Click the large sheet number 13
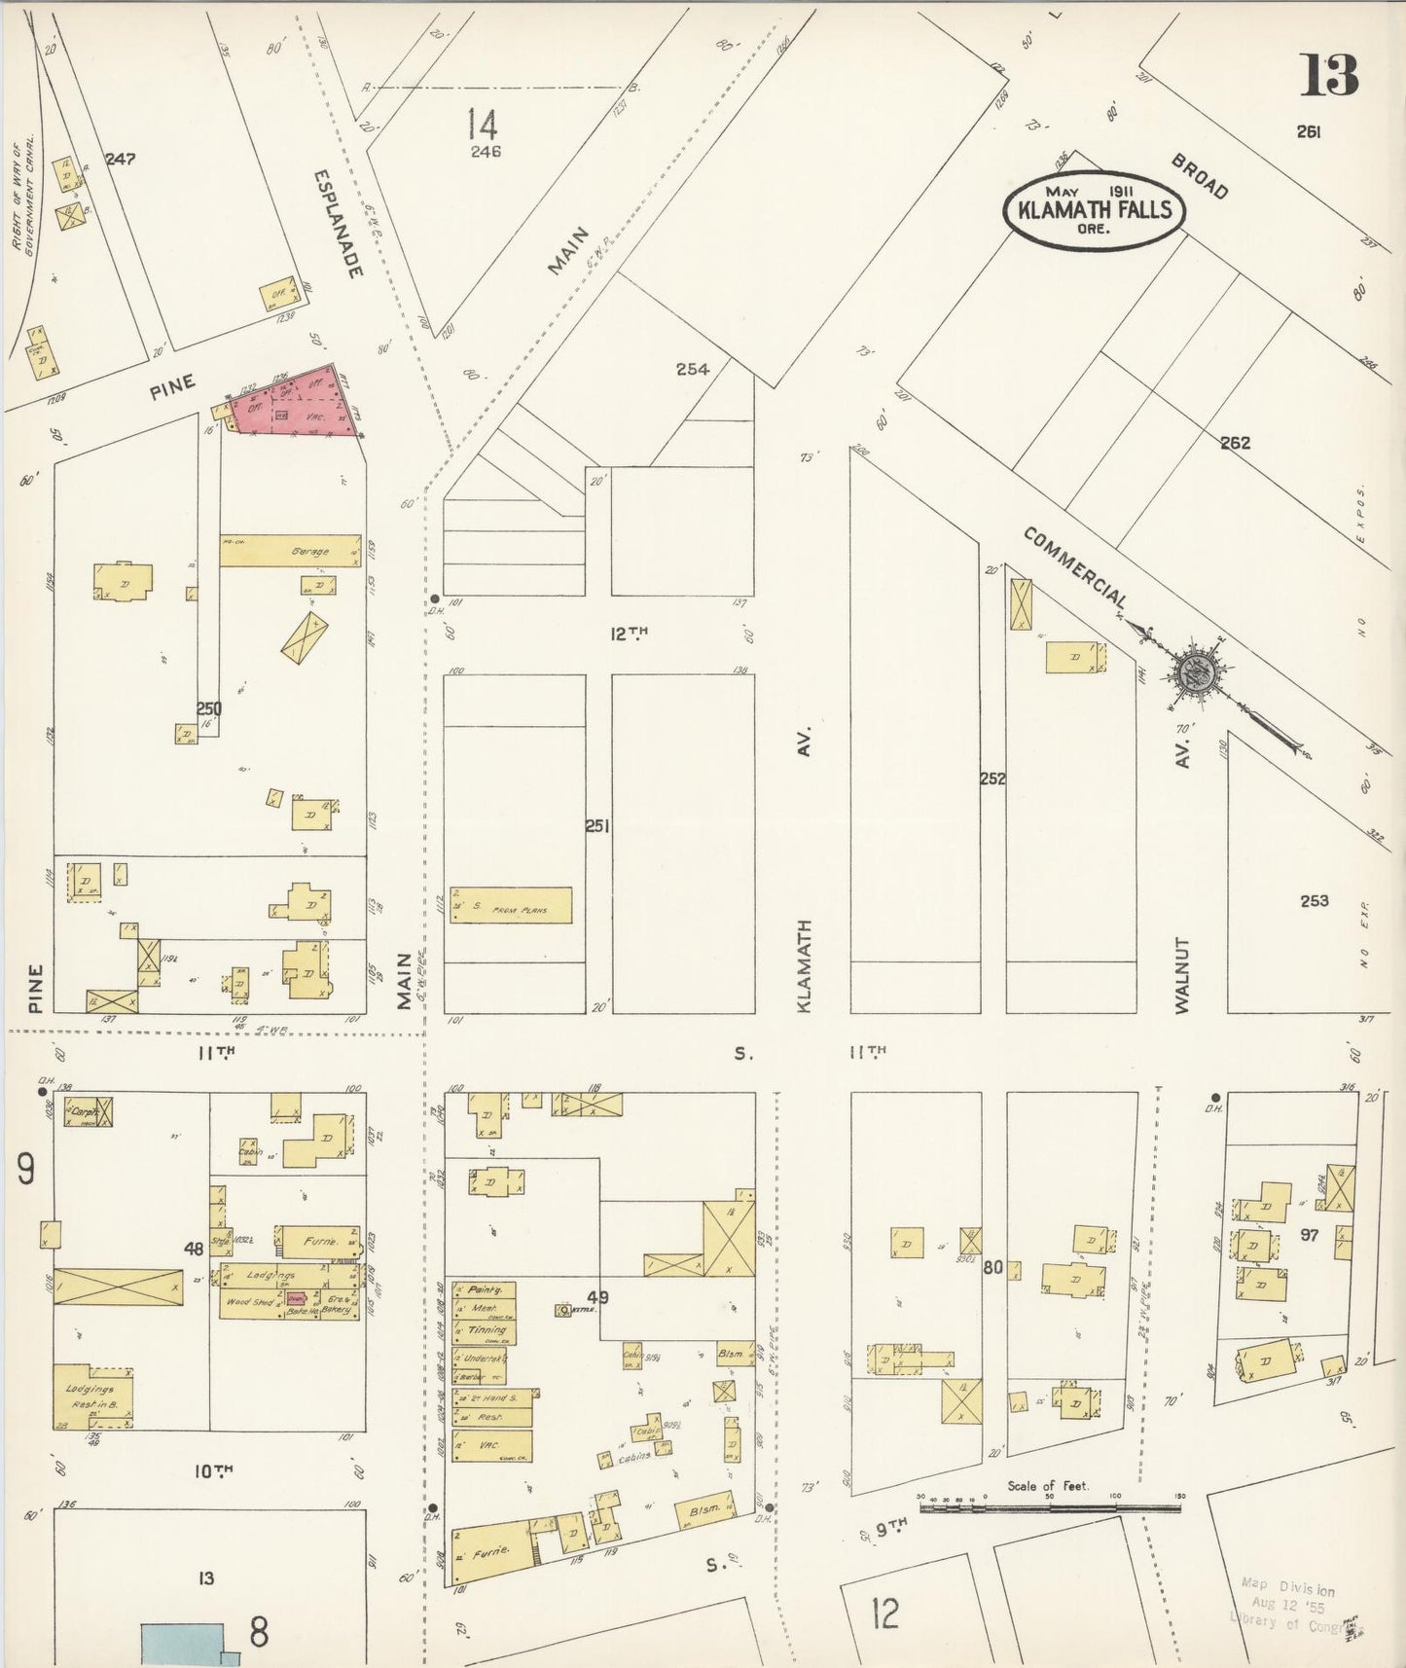coord(1328,75)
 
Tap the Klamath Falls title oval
coord(1095,210)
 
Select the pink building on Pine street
coord(292,407)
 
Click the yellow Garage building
coord(290,550)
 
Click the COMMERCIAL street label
coord(1075,568)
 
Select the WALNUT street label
coord(1182,976)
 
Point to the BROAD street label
coord(1200,176)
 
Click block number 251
coord(596,826)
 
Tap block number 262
coord(1235,443)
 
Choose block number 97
coord(1310,1235)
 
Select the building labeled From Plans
coord(510,905)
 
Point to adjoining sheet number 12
coord(884,1614)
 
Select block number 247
coord(121,159)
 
